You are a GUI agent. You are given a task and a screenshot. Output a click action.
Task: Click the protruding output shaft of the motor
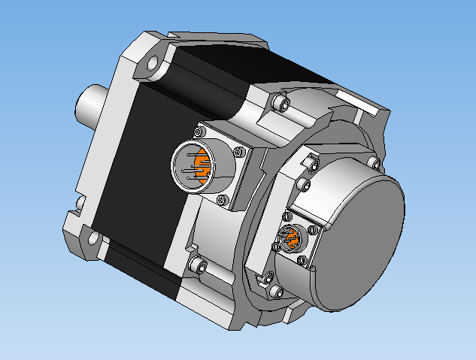90,105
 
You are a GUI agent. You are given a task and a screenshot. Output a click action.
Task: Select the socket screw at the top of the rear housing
281,102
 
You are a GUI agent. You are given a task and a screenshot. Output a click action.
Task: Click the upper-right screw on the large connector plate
239,153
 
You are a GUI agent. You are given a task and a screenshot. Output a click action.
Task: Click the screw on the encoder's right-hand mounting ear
374,163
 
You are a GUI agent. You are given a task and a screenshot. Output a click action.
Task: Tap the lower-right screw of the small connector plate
302,261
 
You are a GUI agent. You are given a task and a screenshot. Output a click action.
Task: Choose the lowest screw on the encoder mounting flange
277,290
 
